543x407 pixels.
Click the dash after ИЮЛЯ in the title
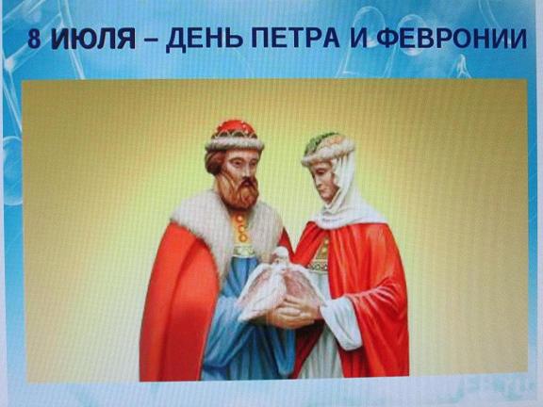point(150,41)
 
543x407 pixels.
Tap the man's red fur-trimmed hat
point(235,136)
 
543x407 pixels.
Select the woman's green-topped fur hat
point(327,148)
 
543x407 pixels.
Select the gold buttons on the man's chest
point(241,228)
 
